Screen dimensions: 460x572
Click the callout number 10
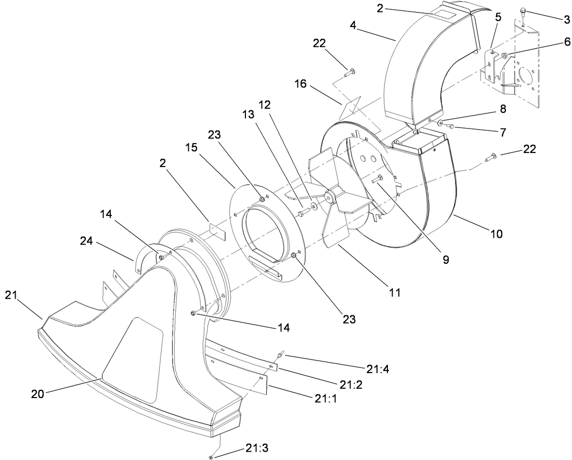(496, 234)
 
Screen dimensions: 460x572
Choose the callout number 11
(395, 292)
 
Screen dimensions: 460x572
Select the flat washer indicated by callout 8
(441, 123)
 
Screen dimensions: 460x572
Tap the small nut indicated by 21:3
(211, 457)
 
